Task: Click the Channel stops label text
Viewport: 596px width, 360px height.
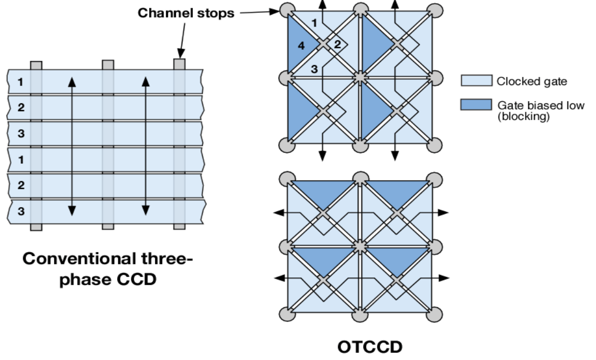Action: tap(186, 14)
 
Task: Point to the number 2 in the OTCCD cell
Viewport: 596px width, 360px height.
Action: tap(337, 44)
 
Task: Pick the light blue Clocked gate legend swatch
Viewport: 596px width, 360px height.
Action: tap(476, 80)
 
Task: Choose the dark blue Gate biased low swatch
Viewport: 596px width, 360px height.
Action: tap(476, 105)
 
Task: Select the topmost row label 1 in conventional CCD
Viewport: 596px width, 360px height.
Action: tap(20, 82)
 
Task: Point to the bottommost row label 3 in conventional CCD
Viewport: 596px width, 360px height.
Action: tap(20, 211)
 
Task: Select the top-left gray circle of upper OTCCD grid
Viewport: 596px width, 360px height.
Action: tap(286, 9)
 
